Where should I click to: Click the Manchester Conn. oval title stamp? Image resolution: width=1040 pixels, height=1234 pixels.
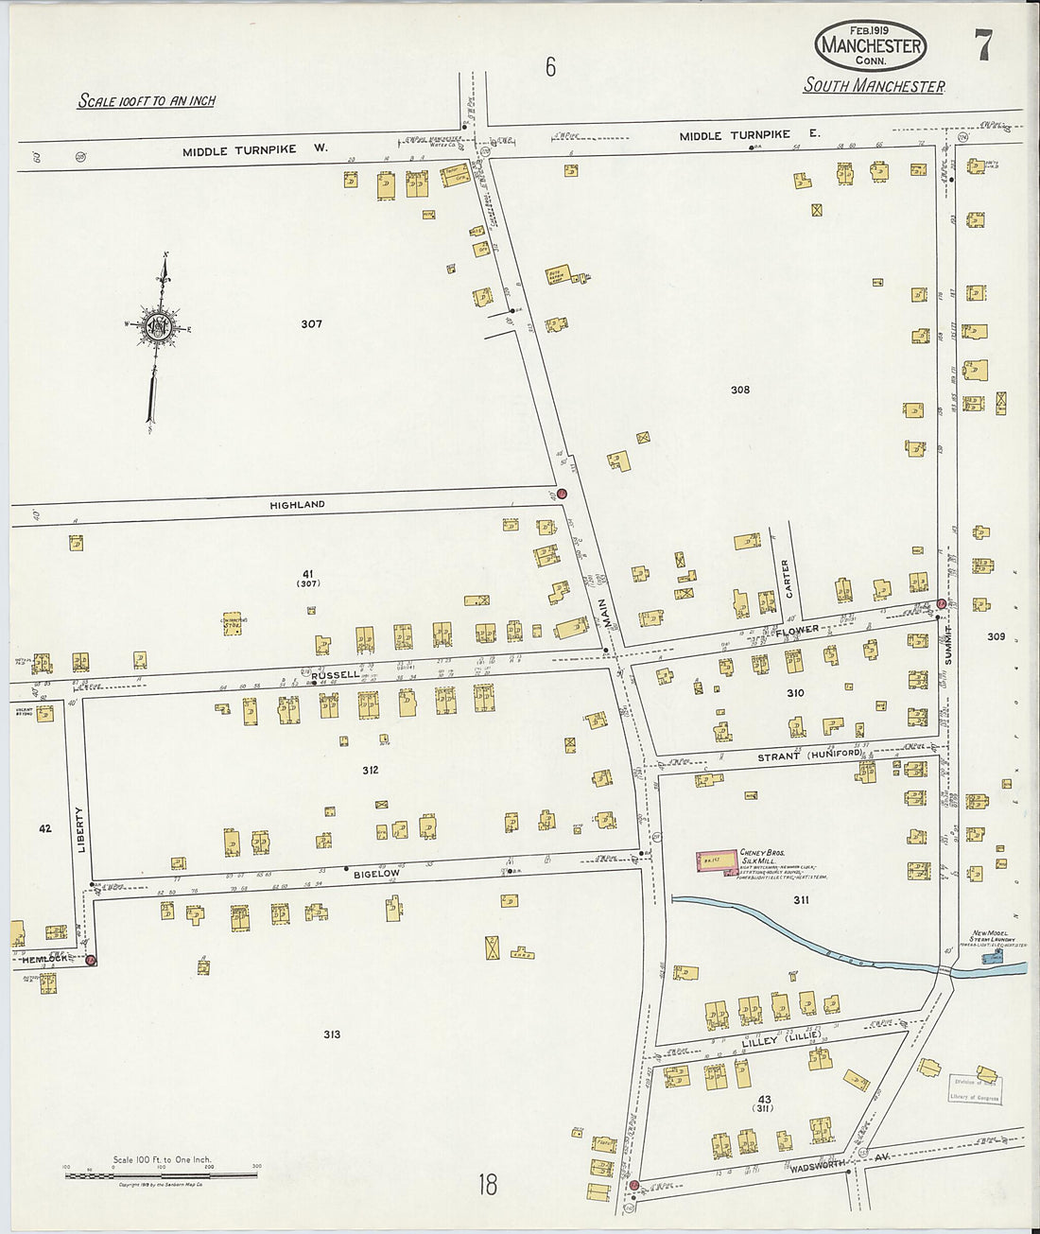point(870,45)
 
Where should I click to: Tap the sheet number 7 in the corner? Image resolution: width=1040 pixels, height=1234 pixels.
point(984,44)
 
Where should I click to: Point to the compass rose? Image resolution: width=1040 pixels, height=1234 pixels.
point(158,327)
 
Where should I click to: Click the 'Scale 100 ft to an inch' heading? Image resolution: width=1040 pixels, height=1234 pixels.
point(147,100)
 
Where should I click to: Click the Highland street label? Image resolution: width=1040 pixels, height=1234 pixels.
point(297,505)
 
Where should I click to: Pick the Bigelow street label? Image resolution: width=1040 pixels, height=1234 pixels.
point(376,874)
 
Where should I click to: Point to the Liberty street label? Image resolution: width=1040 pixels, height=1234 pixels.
point(80,829)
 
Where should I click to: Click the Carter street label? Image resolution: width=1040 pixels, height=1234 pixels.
point(785,579)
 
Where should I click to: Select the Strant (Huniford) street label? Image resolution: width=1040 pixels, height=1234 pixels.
point(808,756)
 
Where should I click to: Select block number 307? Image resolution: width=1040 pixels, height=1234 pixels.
point(311,323)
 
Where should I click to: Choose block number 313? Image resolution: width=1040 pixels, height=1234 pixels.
point(331,1034)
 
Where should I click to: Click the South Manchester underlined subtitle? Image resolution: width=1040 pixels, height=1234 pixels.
point(874,86)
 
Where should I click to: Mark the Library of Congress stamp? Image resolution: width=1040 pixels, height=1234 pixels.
point(975,1089)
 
